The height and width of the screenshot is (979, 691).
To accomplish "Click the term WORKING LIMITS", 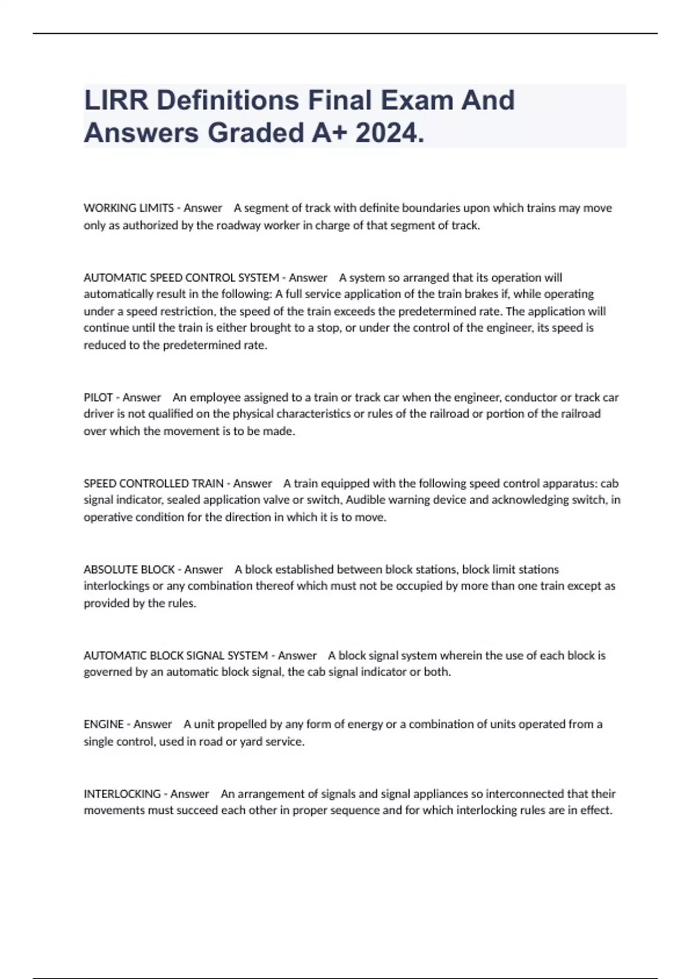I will click(128, 208).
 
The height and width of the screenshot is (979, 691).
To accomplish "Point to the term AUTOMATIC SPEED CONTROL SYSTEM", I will click(181, 278).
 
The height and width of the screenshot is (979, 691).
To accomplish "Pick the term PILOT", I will click(98, 397).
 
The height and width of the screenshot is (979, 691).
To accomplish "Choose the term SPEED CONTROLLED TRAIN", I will click(154, 483).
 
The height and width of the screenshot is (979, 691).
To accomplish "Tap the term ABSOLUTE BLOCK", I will click(129, 570).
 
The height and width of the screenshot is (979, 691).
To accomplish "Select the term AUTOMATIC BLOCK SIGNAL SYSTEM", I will click(176, 655).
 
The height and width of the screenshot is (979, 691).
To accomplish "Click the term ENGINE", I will click(104, 724).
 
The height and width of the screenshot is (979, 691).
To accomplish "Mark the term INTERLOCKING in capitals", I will click(122, 794).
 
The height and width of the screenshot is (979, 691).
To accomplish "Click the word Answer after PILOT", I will click(142, 397).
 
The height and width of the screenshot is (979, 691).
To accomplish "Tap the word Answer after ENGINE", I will click(153, 724).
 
